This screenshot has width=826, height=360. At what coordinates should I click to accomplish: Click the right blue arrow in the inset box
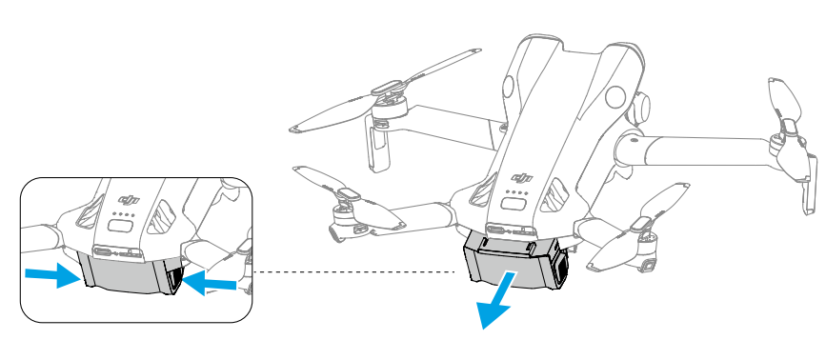click(210, 283)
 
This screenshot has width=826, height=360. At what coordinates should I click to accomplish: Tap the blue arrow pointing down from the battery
click(496, 302)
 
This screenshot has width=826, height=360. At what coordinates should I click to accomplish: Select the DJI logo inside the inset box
click(129, 200)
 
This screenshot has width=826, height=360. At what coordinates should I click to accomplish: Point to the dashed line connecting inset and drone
click(354, 272)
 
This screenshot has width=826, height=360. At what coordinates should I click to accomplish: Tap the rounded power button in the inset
click(121, 227)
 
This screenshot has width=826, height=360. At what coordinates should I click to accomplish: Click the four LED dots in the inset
click(124, 214)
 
